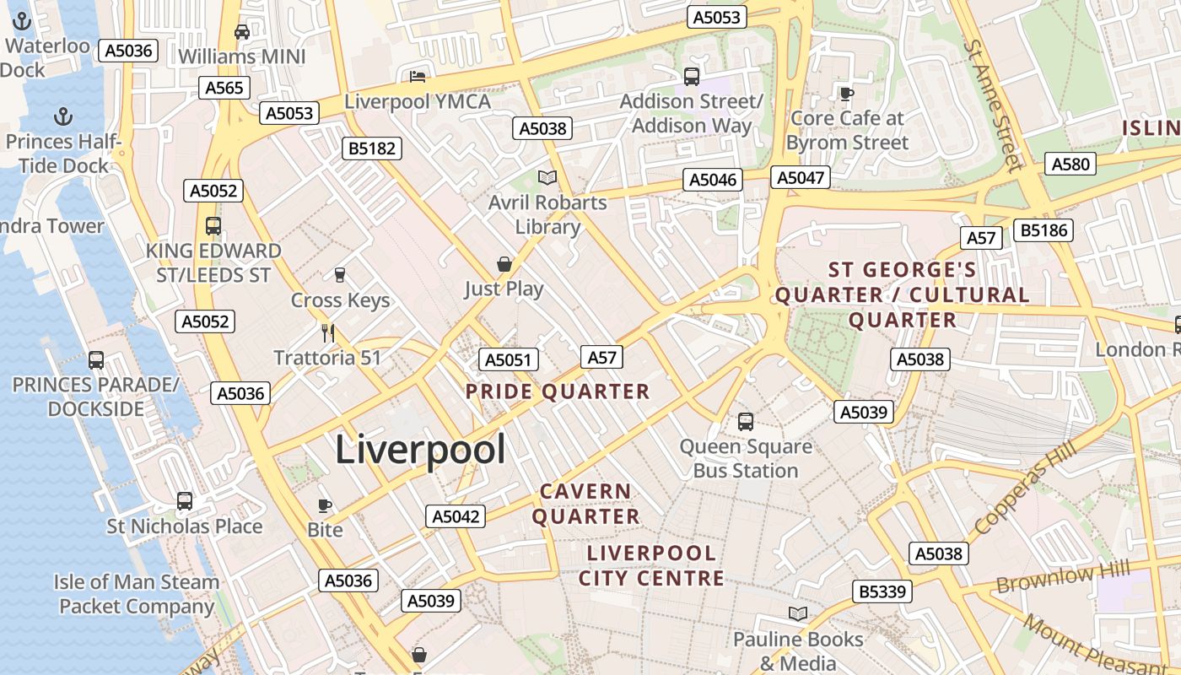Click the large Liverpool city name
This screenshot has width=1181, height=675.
[x=420, y=450]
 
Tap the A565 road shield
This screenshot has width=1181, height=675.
[x=224, y=88]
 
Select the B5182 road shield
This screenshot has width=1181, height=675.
[x=372, y=148]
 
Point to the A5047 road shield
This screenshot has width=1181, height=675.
[x=800, y=177]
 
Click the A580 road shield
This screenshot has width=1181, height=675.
[x=1070, y=164]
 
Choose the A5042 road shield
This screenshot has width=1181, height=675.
[x=456, y=516]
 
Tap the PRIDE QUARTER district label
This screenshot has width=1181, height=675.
[x=558, y=391]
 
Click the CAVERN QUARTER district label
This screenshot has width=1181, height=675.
[x=585, y=504]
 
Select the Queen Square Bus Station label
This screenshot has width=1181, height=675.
[x=746, y=458]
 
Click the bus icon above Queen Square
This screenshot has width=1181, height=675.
[x=745, y=421]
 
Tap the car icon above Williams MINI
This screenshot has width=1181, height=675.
[x=242, y=32]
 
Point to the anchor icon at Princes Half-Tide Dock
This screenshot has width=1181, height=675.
[x=62, y=116]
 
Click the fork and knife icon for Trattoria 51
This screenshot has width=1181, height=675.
[x=328, y=332]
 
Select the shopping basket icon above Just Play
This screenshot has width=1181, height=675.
[x=504, y=264]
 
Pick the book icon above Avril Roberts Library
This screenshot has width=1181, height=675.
[x=547, y=177]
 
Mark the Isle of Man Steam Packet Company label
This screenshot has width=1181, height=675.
[x=137, y=594]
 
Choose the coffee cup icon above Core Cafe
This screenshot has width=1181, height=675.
[x=847, y=94]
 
